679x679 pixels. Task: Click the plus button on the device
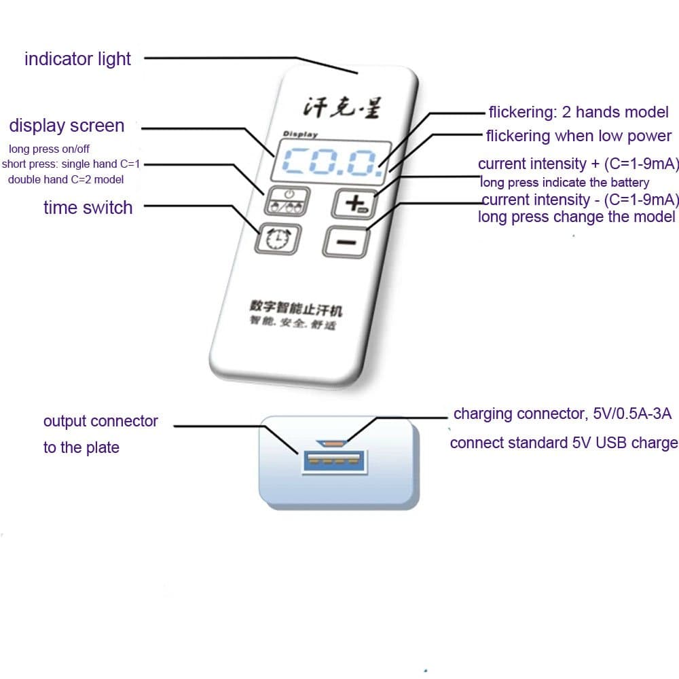tap(353, 203)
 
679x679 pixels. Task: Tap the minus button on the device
tap(348, 241)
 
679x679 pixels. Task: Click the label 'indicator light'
tap(77, 59)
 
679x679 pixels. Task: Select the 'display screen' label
tap(67, 126)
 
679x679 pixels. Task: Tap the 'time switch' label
tap(88, 207)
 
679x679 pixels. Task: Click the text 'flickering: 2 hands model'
tap(579, 112)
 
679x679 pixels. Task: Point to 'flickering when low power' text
tap(579, 136)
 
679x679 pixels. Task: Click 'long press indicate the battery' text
tap(564, 182)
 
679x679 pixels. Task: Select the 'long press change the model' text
tap(576, 217)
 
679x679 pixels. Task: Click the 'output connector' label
tap(100, 421)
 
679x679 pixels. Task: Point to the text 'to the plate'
tap(81, 447)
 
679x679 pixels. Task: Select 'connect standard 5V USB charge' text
tap(564, 443)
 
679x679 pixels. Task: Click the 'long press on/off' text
tap(49, 149)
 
